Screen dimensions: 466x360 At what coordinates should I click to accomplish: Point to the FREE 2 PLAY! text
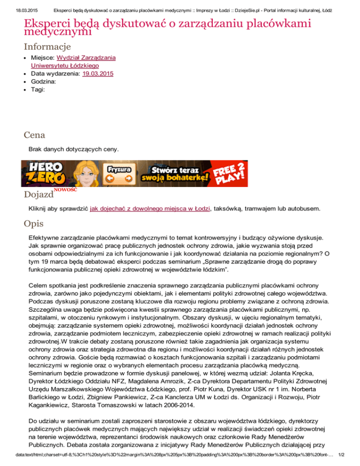coord(230,173)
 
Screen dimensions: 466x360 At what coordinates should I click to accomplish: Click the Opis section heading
coord(34,224)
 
